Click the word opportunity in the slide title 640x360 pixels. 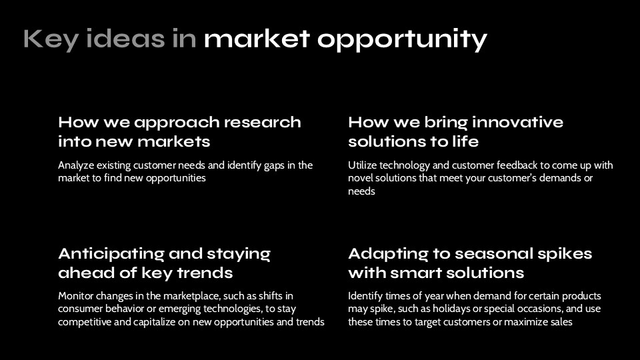coord(402,40)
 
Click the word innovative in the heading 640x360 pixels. coord(517,123)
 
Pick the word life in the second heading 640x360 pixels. coord(464,142)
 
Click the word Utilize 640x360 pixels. coord(362,165)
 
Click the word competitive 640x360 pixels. coord(85,322)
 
